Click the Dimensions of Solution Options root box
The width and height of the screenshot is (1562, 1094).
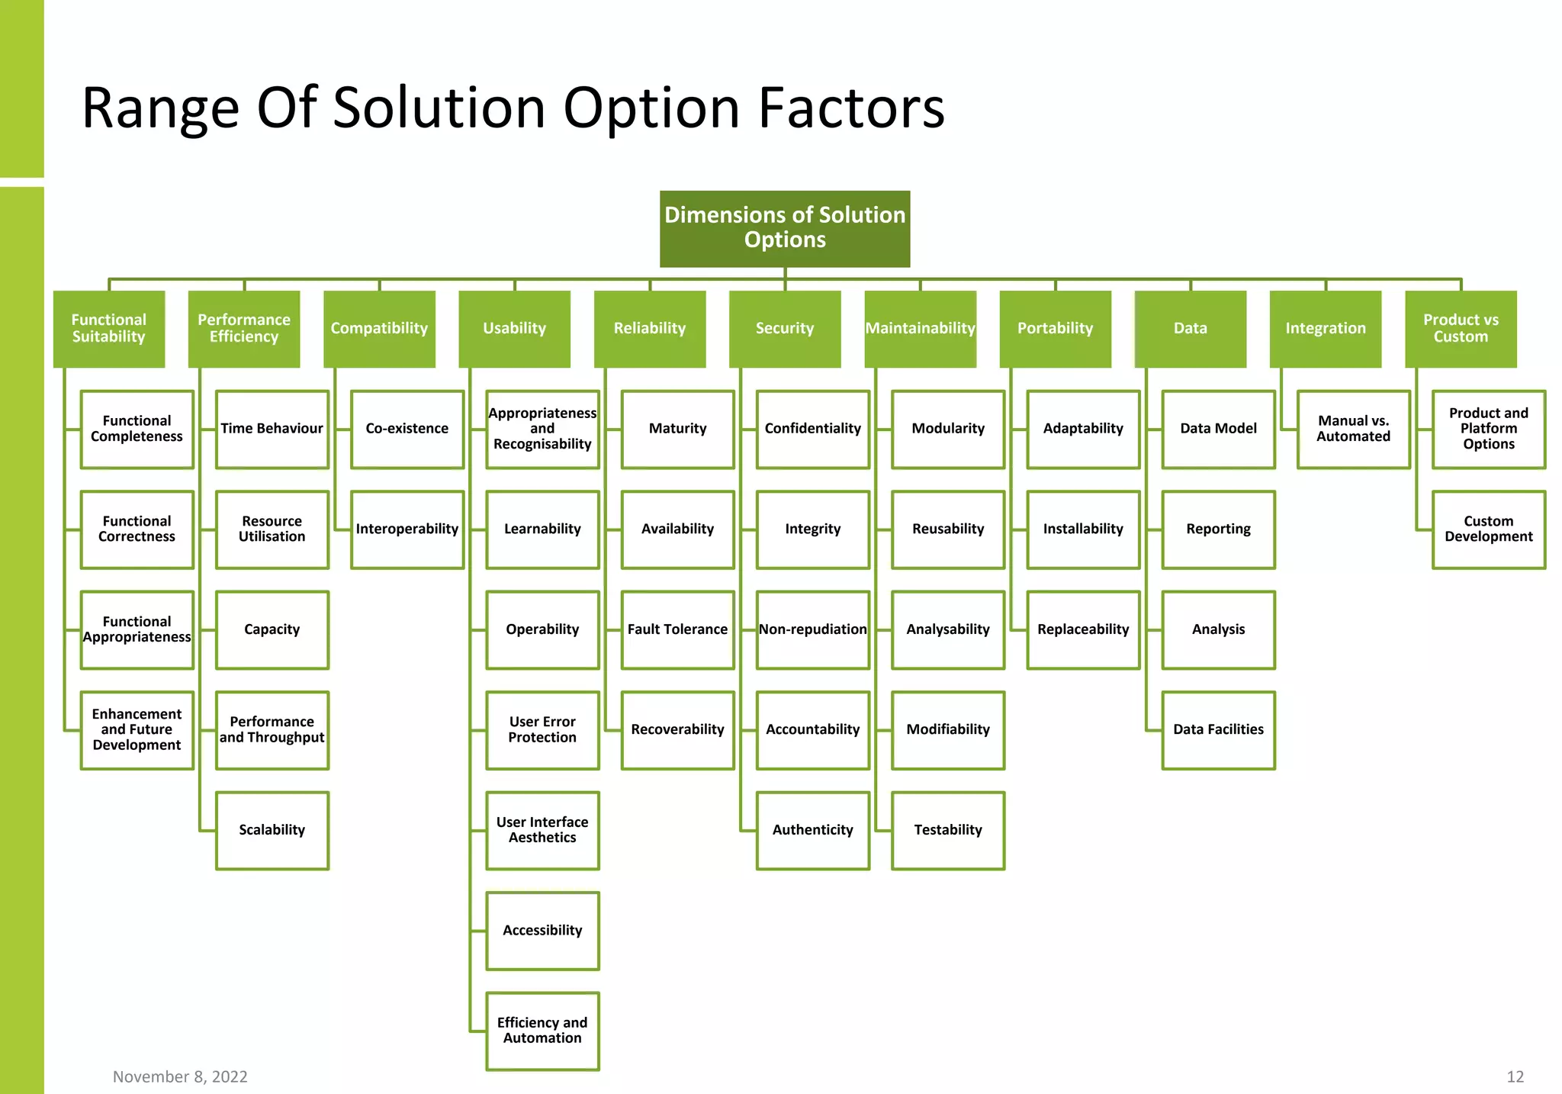pos(785,228)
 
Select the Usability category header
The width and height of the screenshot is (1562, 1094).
pos(514,329)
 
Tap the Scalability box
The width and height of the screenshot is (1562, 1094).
pos(272,830)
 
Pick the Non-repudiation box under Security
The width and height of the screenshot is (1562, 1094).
pos(813,629)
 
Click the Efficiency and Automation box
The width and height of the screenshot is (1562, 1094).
pos(542,1031)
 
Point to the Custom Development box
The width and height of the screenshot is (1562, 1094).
pos(1488,529)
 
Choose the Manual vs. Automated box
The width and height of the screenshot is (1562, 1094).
pos(1353,429)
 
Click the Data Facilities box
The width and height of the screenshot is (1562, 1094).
pos(1218,730)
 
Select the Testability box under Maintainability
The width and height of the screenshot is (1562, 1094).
pos(948,830)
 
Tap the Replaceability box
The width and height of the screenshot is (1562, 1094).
pos(1083,629)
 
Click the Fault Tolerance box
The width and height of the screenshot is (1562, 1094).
pos(677,629)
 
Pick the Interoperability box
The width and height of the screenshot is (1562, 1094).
pos(407,529)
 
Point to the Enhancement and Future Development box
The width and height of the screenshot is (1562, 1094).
pos(137,730)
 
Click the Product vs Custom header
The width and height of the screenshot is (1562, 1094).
pos(1461,329)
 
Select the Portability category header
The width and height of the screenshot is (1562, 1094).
pos(1055,329)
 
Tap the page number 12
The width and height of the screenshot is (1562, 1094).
pos(1515,1076)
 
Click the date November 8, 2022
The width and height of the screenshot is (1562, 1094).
pos(180,1076)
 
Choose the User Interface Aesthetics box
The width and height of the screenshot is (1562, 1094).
pos(542,830)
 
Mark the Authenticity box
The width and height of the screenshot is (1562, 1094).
pos(813,830)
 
